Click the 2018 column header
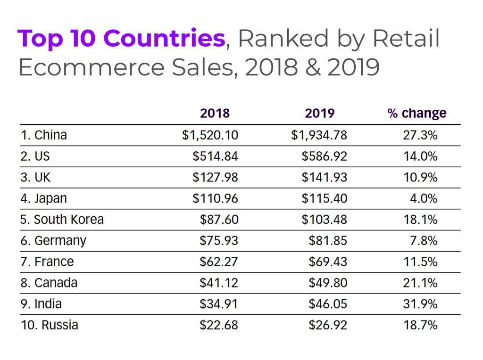coord(215,114)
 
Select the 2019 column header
coord(320,114)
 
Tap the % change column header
coord(416,114)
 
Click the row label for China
coord(43,135)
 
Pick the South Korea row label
coord(62,220)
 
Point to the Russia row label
coord(50,325)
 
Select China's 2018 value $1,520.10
coord(210,135)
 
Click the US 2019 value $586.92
coord(324,156)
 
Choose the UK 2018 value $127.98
coord(215,178)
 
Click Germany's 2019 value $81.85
coord(328,241)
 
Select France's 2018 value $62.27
coord(218,262)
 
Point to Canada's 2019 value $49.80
coord(328,283)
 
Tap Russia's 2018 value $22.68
coord(218,325)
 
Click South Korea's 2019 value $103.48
coord(324,220)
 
